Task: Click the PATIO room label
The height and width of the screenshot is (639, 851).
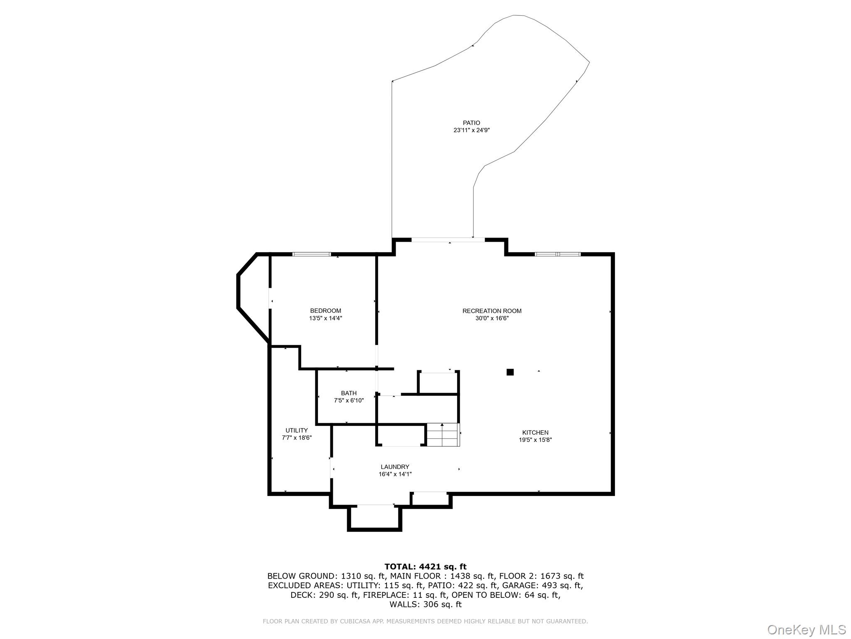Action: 471,123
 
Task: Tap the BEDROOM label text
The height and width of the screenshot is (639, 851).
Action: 325,311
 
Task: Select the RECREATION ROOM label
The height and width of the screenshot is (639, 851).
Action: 492,311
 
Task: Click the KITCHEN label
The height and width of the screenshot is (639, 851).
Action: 535,433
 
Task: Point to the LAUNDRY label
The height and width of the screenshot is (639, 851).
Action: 395,467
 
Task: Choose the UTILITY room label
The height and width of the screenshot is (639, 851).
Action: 296,430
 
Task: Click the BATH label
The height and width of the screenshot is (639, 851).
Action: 349,393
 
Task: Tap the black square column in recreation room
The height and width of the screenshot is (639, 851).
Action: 510,372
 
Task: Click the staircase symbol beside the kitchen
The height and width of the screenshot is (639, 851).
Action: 443,435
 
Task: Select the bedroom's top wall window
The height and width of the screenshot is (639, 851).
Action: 312,254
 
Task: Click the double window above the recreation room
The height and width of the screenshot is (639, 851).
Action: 557,254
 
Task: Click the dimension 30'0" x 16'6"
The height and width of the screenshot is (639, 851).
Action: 492,318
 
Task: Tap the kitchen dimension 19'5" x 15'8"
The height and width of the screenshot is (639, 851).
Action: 535,440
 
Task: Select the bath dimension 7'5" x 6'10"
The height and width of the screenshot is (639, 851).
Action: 349,401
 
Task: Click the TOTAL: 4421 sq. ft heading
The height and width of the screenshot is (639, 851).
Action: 425,567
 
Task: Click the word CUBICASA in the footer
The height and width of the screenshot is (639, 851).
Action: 353,621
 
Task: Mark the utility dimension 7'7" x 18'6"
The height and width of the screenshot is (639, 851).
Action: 296,438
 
